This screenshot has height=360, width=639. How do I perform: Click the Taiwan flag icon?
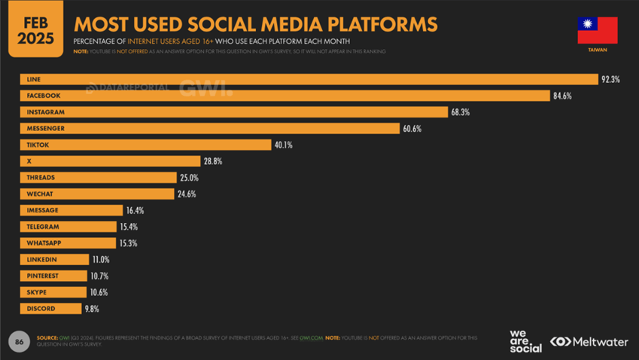[x=598, y=30]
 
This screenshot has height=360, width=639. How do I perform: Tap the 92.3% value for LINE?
[x=610, y=80]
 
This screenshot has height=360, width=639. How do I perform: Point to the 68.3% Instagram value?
[x=461, y=112]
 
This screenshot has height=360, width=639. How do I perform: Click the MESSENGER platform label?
[x=46, y=129]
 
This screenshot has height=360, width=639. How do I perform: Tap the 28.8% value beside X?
[x=212, y=161]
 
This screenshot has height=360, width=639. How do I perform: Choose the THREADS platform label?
[x=41, y=178]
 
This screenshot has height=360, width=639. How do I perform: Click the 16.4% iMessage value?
[x=135, y=211]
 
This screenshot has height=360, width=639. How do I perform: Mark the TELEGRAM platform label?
[x=43, y=227]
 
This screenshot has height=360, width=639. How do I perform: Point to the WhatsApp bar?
[x=68, y=243]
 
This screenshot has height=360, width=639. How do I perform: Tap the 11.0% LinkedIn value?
[x=100, y=260]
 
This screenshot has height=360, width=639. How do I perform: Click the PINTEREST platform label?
[x=43, y=276]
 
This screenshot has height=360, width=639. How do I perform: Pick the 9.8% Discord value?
[x=92, y=309]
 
